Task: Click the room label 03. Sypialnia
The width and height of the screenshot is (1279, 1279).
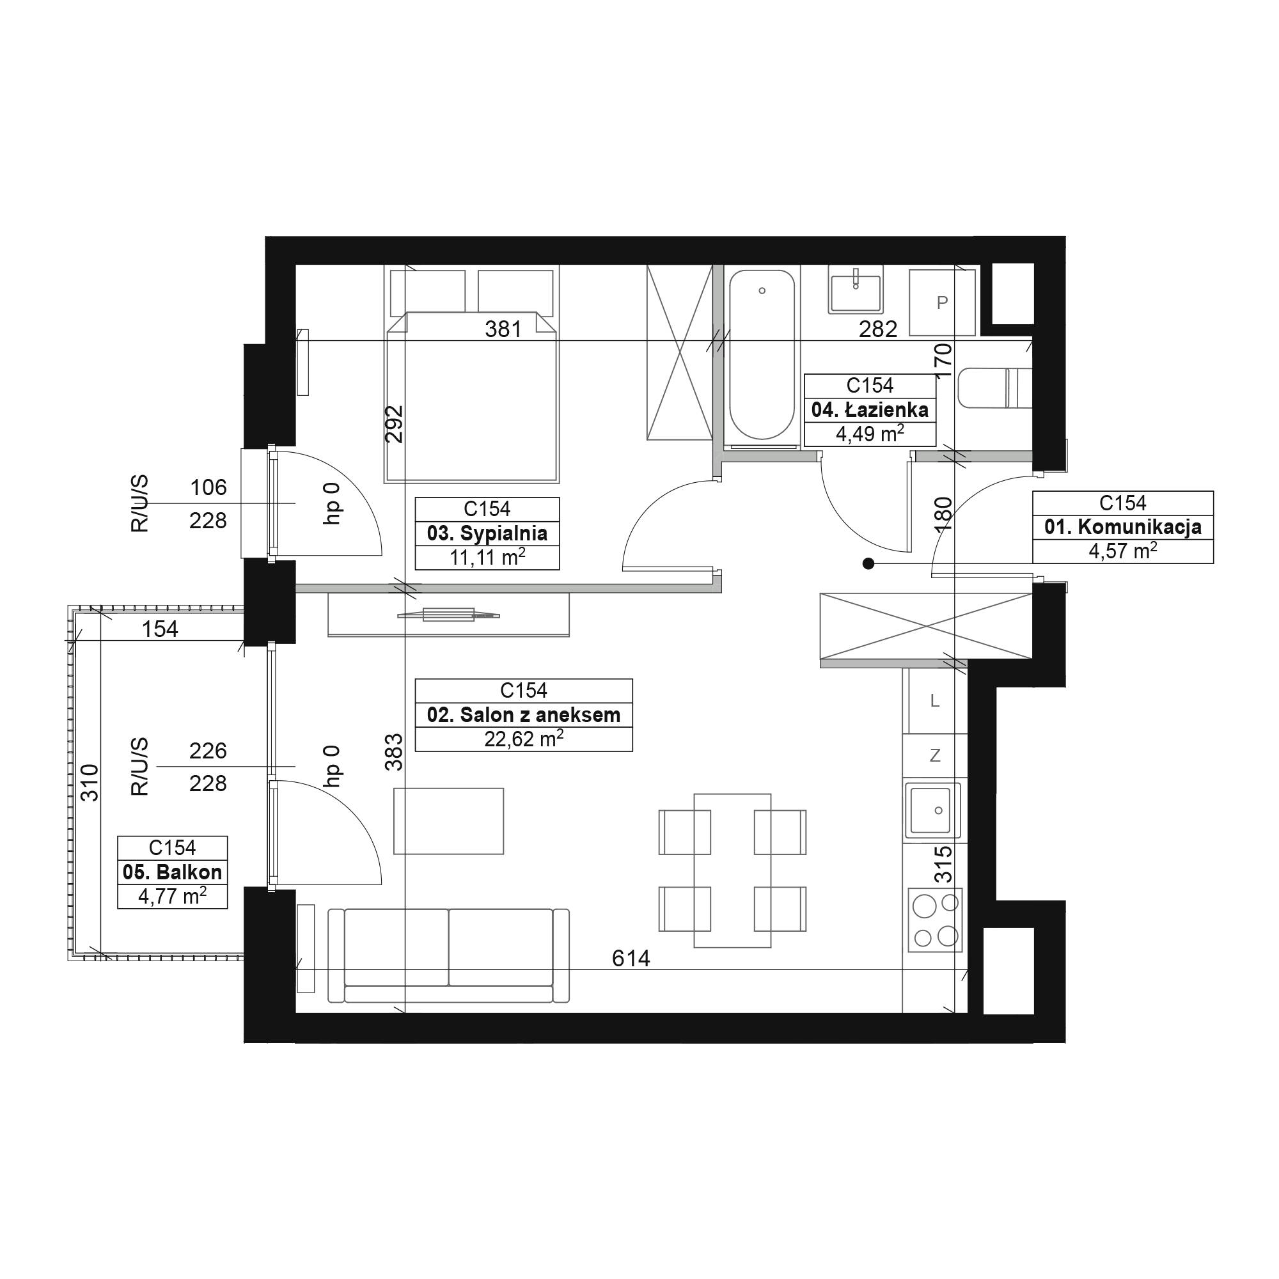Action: pos(487,533)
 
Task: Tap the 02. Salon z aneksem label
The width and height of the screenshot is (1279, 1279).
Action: pos(524,715)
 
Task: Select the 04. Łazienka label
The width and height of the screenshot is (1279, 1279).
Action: pos(870,410)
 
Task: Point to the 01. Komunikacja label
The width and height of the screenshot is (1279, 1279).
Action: pos(1123,527)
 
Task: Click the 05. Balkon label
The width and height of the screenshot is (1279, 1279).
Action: pos(172,872)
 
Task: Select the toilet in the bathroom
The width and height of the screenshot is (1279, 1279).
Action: pos(995,388)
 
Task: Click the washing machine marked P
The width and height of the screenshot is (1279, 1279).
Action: pos(942,302)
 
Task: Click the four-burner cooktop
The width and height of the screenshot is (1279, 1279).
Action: pos(935,921)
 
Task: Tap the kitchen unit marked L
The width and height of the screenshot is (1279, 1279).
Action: pos(935,700)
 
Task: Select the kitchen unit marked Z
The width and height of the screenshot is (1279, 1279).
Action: pos(935,755)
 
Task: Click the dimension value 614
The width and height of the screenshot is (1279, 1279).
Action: pos(631,958)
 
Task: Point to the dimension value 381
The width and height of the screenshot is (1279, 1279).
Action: pos(503,329)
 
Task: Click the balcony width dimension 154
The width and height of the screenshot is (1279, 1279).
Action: pos(161,628)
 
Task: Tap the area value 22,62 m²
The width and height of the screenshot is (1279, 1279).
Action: pos(524,738)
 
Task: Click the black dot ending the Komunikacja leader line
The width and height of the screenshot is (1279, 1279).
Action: pos(868,564)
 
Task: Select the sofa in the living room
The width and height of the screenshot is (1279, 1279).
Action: pos(449,955)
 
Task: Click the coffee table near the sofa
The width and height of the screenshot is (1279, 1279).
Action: pos(449,821)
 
